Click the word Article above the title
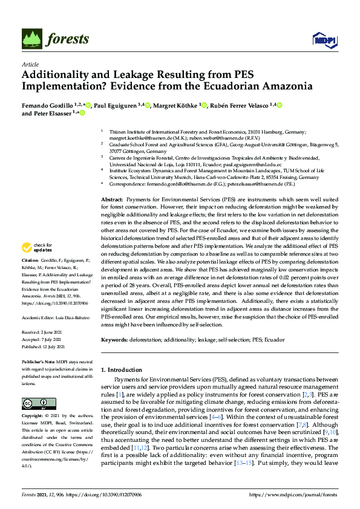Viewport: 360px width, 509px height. click(30, 64)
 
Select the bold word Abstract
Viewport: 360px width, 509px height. click(112, 148)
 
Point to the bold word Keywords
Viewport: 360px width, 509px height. click(114, 340)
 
